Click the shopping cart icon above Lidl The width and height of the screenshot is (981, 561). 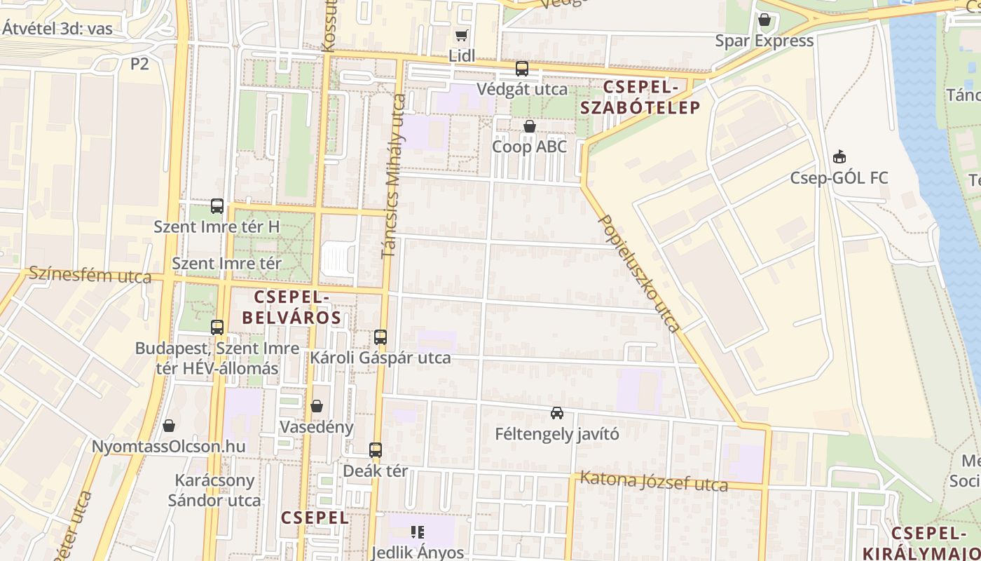coord(461,35)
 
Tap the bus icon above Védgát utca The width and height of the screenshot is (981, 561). coord(522,69)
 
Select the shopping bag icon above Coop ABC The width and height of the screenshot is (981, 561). coord(530,126)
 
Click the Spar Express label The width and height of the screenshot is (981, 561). coord(764,41)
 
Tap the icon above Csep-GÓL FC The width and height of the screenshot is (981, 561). coord(839,157)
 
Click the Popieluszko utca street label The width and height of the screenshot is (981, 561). coord(638,273)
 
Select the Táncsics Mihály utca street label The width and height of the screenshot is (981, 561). coord(394,175)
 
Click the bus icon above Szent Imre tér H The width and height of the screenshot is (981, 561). coord(217,206)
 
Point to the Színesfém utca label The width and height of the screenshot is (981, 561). coord(90,275)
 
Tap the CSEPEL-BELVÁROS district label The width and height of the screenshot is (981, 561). coord(291,308)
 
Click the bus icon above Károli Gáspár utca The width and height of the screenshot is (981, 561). coord(380,337)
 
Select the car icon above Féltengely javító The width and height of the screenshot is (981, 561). coord(557,413)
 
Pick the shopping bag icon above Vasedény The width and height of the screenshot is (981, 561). coord(317,406)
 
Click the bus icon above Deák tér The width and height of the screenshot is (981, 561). coord(376,450)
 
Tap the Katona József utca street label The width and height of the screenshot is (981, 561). coord(654,482)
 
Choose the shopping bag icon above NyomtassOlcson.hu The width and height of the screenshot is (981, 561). coord(168,426)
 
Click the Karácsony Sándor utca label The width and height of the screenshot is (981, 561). coord(214,491)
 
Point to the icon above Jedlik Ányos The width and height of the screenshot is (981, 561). coord(418,532)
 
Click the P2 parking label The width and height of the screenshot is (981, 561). coord(139,64)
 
